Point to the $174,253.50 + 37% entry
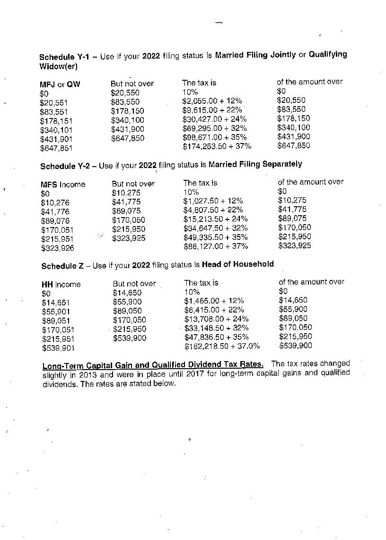click(x=217, y=146)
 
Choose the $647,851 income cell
click(x=54, y=148)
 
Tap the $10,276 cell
click(x=55, y=202)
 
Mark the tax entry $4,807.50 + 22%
click(x=213, y=210)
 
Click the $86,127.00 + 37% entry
click(x=215, y=246)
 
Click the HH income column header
click(x=61, y=284)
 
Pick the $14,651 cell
click(x=55, y=303)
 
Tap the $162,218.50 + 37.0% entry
click(x=222, y=346)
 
